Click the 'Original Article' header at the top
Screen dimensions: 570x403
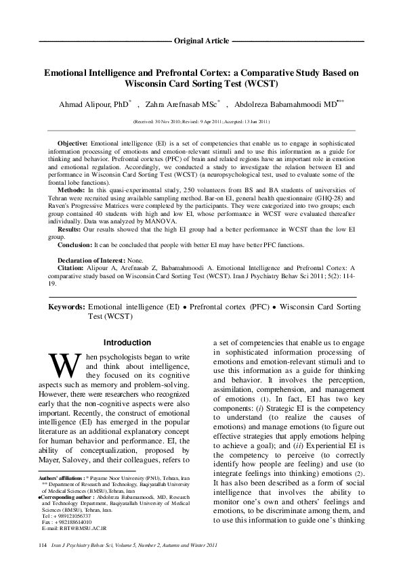201,41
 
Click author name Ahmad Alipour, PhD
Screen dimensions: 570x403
102,105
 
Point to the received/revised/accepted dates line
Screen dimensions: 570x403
201,122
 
